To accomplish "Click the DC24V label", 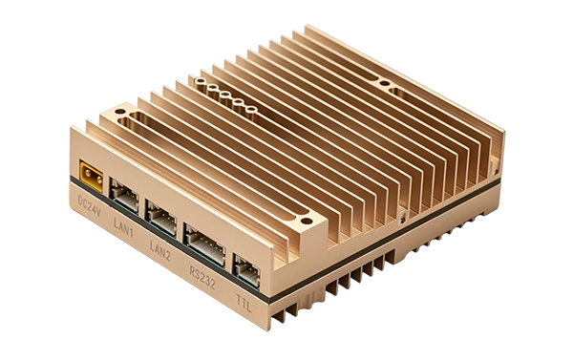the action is (89, 206).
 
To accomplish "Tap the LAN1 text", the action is (123, 226).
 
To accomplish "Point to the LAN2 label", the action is (160, 250).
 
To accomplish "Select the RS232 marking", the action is (202, 278).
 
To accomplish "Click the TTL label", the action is (244, 303).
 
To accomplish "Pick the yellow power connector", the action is (92, 176).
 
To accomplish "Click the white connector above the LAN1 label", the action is (124, 196).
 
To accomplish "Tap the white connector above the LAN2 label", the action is (160, 218).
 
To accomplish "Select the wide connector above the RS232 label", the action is (204, 244).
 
